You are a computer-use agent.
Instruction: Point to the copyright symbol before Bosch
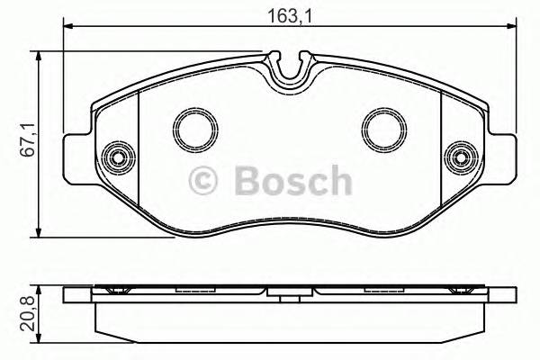203,182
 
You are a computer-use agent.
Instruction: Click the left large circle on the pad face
191,128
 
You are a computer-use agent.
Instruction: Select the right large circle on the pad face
382,128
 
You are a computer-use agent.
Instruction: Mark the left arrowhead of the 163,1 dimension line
67,31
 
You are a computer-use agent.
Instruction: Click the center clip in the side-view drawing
289,292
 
